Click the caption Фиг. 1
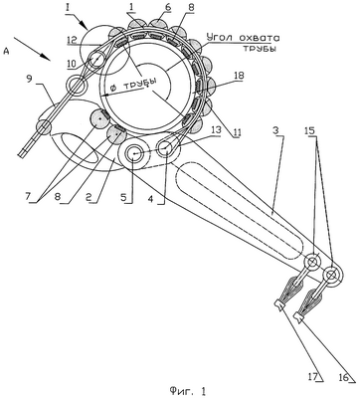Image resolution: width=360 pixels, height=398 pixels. point(187,390)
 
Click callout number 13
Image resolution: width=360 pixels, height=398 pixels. point(216,130)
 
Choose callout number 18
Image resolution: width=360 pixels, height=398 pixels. point(239,76)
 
